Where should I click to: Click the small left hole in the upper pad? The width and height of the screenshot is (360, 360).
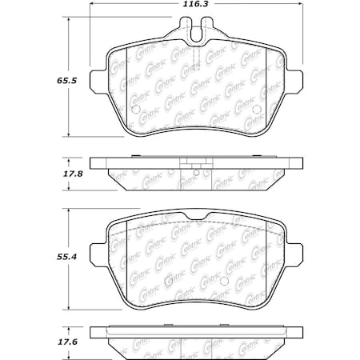pos(135,110)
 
